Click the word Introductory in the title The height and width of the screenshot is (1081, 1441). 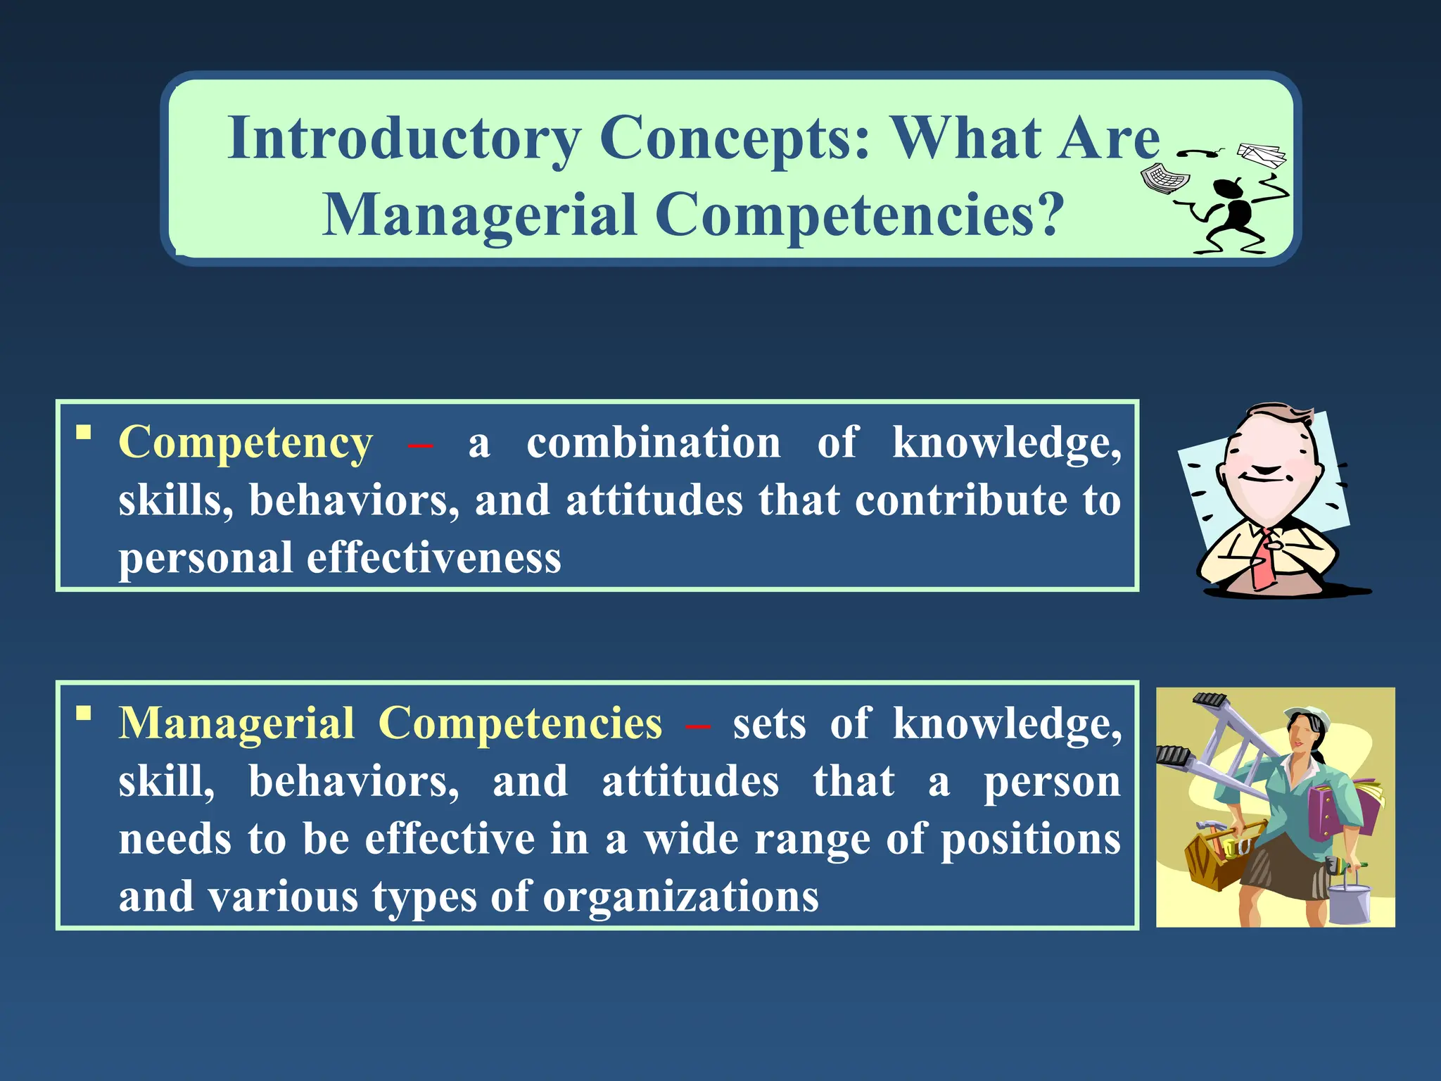(x=404, y=139)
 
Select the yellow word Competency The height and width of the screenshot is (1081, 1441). (x=246, y=443)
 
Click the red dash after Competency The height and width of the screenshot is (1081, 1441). (x=420, y=445)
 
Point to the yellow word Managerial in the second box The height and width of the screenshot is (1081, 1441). (x=236, y=723)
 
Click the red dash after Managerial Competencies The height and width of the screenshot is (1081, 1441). (x=697, y=726)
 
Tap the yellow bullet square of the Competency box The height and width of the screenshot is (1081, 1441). (x=84, y=432)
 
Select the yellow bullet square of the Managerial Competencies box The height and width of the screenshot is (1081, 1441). (x=84, y=714)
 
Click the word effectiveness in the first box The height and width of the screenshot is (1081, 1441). (x=433, y=558)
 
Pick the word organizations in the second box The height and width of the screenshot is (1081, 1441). (x=680, y=897)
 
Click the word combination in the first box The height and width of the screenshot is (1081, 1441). (x=653, y=443)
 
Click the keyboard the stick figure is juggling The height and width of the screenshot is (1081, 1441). (x=1164, y=177)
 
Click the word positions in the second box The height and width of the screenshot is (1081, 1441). (x=1030, y=840)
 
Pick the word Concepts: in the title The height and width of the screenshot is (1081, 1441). (x=735, y=139)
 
